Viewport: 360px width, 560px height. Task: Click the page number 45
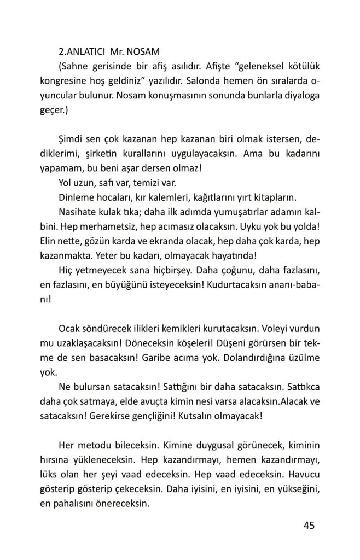(308, 526)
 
